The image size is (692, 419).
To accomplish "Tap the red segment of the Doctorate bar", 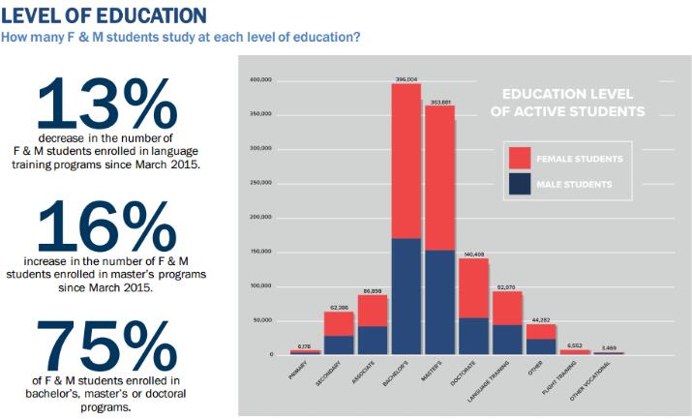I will point(473,287).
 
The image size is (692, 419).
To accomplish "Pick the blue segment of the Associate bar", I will point(373,340).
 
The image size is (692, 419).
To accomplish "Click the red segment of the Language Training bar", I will point(507,308).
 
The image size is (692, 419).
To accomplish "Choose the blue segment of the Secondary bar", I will point(339,344).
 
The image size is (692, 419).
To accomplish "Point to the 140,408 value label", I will point(473,254).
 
